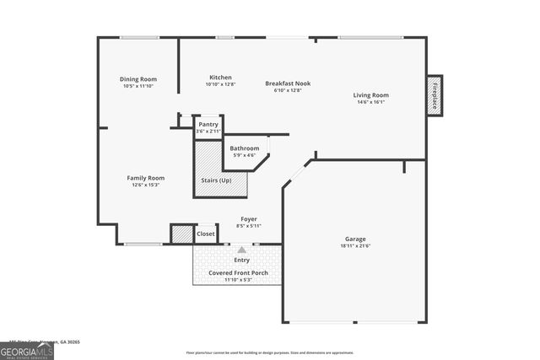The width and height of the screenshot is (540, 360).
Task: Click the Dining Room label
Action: (138, 79)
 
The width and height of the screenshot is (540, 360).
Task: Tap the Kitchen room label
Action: (220, 77)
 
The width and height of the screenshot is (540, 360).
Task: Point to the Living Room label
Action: (370, 95)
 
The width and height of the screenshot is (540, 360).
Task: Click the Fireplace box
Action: (435, 96)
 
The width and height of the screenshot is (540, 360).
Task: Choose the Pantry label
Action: (208, 124)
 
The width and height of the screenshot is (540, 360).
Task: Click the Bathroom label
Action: (244, 148)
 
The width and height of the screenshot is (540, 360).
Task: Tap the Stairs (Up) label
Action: (216, 180)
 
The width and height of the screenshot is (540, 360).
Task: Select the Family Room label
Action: (145, 178)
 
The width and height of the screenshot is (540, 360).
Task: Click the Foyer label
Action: (249, 219)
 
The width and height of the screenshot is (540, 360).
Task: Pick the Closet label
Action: (206, 234)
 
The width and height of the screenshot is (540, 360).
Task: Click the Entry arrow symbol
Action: (242, 250)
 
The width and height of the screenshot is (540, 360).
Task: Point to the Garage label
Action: (354, 239)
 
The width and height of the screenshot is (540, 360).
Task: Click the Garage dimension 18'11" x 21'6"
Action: (354, 245)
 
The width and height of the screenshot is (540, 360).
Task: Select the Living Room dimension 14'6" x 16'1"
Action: (370, 102)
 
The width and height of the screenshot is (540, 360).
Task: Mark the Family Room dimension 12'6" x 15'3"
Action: (145, 185)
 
